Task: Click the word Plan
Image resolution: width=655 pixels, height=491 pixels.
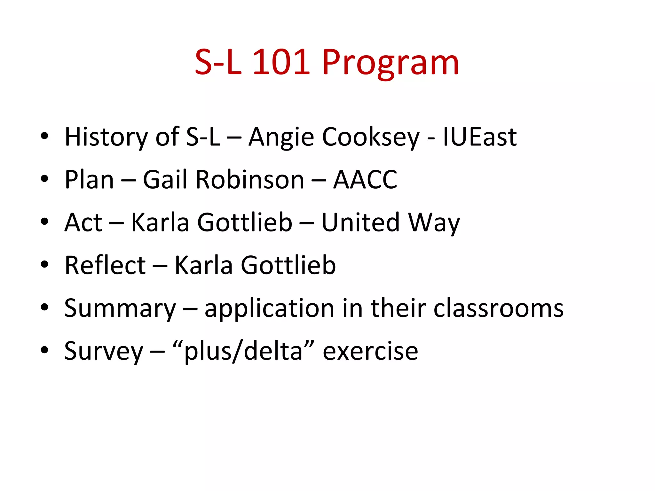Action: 89,180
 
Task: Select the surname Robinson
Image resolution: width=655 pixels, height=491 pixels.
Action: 250,180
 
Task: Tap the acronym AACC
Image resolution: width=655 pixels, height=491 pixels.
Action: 365,180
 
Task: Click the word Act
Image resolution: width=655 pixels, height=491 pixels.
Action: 83,222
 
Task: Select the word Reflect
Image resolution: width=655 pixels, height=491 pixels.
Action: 105,265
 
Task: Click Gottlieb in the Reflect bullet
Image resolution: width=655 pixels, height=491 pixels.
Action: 288,265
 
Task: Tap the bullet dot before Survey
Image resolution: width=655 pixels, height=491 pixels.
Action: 44,350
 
